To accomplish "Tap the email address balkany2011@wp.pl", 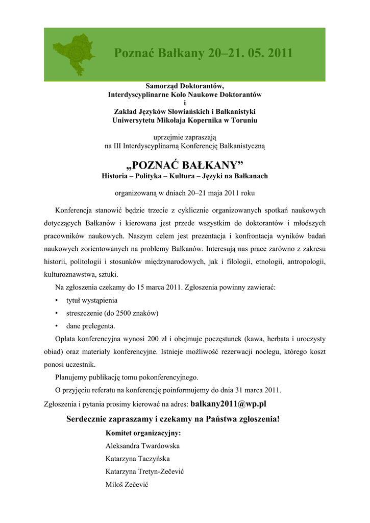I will pos(228,403).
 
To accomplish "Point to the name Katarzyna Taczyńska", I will pos(138,459).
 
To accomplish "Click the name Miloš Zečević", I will pos(127,485).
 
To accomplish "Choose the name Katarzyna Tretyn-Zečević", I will pos(144,471).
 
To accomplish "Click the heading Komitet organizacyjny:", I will pos(143,433).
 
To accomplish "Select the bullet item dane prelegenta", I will pos(90,326).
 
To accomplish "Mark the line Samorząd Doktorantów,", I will pos(185,86).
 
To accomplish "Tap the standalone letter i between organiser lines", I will pos(185,103).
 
